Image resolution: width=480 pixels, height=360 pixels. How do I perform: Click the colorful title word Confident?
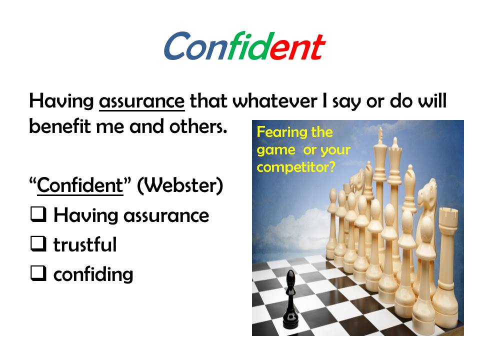[244, 46]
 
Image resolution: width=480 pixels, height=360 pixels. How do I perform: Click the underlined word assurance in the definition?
[141, 101]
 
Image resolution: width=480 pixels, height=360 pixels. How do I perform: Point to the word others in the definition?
[198, 126]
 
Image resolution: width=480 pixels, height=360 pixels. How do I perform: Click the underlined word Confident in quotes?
[80, 185]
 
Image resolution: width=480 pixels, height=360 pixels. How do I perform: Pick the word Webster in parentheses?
[180, 185]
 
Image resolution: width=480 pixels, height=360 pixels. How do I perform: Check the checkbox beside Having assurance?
[38, 214]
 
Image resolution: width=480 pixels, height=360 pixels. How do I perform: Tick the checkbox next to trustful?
[38, 243]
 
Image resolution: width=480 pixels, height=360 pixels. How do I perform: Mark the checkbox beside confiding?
[38, 273]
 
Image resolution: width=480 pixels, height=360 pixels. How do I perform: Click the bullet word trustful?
[85, 244]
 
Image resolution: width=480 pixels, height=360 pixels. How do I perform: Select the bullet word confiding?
[93, 274]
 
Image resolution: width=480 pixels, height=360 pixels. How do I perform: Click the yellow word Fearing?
[281, 132]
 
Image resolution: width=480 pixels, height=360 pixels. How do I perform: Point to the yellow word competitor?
[296, 167]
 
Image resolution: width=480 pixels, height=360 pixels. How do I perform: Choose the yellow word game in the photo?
[276, 150]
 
